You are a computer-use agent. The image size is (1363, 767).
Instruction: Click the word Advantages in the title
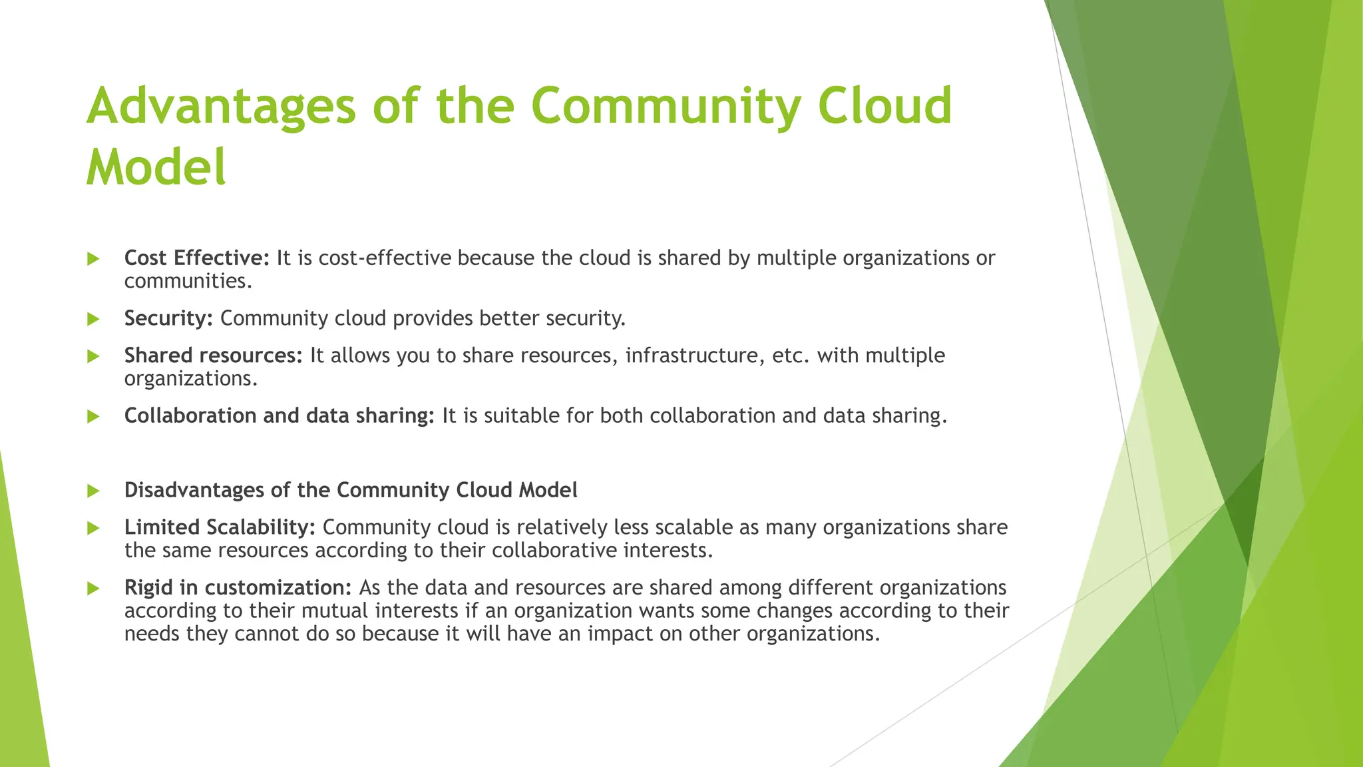pyautogui.click(x=221, y=107)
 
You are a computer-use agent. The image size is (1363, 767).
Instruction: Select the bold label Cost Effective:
pyautogui.click(x=197, y=258)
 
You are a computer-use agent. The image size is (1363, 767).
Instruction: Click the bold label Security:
pyautogui.click(x=168, y=318)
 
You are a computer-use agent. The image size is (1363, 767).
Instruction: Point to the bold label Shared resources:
pyautogui.click(x=214, y=356)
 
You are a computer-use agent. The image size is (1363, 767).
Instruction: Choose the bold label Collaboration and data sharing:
pyautogui.click(x=279, y=415)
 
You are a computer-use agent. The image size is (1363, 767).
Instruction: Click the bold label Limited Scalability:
pyautogui.click(x=220, y=527)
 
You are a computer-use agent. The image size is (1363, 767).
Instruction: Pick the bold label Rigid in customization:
pyautogui.click(x=238, y=588)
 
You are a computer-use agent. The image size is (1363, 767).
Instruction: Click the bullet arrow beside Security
pyautogui.click(x=93, y=319)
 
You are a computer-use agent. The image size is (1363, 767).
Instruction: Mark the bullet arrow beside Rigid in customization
pyautogui.click(x=93, y=589)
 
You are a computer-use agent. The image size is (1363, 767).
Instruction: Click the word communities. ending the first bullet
pyautogui.click(x=188, y=282)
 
